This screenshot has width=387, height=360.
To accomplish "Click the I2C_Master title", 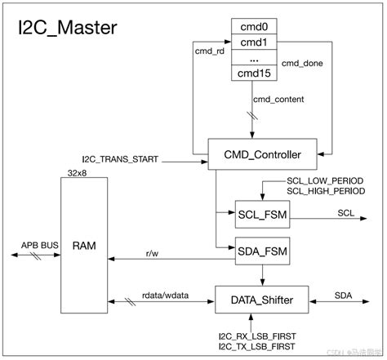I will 68,29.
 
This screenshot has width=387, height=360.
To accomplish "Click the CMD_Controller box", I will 256,154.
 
